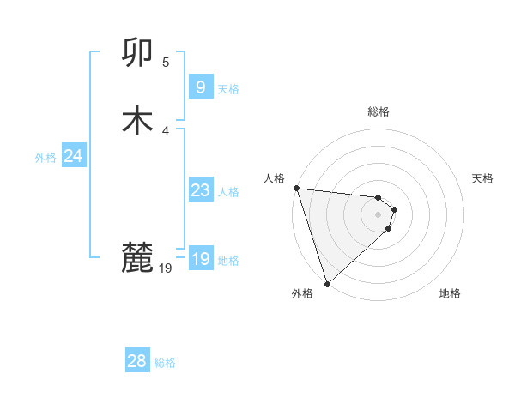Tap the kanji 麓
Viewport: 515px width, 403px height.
138,257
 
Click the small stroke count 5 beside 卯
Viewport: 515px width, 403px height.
166,63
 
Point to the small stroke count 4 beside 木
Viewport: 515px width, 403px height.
166,130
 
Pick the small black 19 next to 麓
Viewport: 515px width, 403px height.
166,268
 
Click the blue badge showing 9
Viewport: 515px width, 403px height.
200,87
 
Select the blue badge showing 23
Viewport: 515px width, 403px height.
200,190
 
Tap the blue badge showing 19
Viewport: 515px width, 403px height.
200,259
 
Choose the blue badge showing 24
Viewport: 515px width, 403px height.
74,156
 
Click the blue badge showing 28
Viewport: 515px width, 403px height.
137,361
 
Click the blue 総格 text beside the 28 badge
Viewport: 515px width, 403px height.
165,363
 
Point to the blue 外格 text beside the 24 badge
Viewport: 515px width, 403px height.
45,158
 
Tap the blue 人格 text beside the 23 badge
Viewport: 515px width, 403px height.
228,192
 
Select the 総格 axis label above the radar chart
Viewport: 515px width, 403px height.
378,111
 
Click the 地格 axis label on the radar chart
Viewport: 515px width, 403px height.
450,293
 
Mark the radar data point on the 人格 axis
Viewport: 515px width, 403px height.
296,188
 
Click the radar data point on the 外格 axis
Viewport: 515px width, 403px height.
327,283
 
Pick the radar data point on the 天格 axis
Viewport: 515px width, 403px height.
394,208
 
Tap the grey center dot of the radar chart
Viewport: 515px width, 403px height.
378,214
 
